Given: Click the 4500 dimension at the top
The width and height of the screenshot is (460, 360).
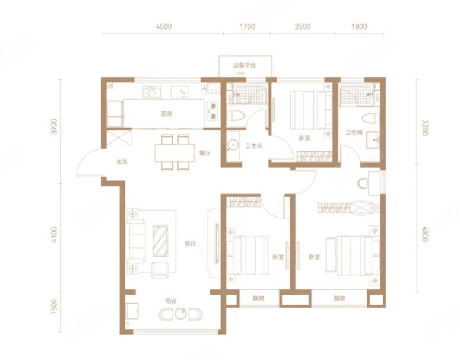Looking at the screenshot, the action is click(x=164, y=27).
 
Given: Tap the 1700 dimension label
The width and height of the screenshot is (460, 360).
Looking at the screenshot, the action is click(x=248, y=27).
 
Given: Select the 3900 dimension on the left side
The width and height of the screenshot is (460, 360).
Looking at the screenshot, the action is click(x=54, y=126).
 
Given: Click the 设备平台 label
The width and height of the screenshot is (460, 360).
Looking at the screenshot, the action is click(x=245, y=65).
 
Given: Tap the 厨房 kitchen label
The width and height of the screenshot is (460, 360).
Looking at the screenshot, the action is click(x=166, y=114).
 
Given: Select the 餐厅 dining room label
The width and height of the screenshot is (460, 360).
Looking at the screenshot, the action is click(x=205, y=153).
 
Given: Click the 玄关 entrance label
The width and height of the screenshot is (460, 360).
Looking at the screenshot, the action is click(x=122, y=161).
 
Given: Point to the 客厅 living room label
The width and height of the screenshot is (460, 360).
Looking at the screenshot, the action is click(x=191, y=244).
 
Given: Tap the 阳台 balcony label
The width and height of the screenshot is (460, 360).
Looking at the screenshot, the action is click(x=171, y=301).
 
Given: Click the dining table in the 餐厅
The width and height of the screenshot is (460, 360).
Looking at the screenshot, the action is click(x=175, y=152).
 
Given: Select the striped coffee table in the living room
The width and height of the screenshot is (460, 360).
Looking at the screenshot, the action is click(x=160, y=241).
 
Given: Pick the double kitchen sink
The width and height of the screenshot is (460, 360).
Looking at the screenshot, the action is click(x=152, y=93).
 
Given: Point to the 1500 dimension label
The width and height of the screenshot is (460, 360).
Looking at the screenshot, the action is click(x=54, y=307).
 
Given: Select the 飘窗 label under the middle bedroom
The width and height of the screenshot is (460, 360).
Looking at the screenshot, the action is click(x=258, y=298).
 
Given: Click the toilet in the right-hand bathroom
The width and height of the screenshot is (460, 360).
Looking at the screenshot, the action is click(x=370, y=119).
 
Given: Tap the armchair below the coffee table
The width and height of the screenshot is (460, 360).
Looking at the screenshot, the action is click(x=160, y=270).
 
